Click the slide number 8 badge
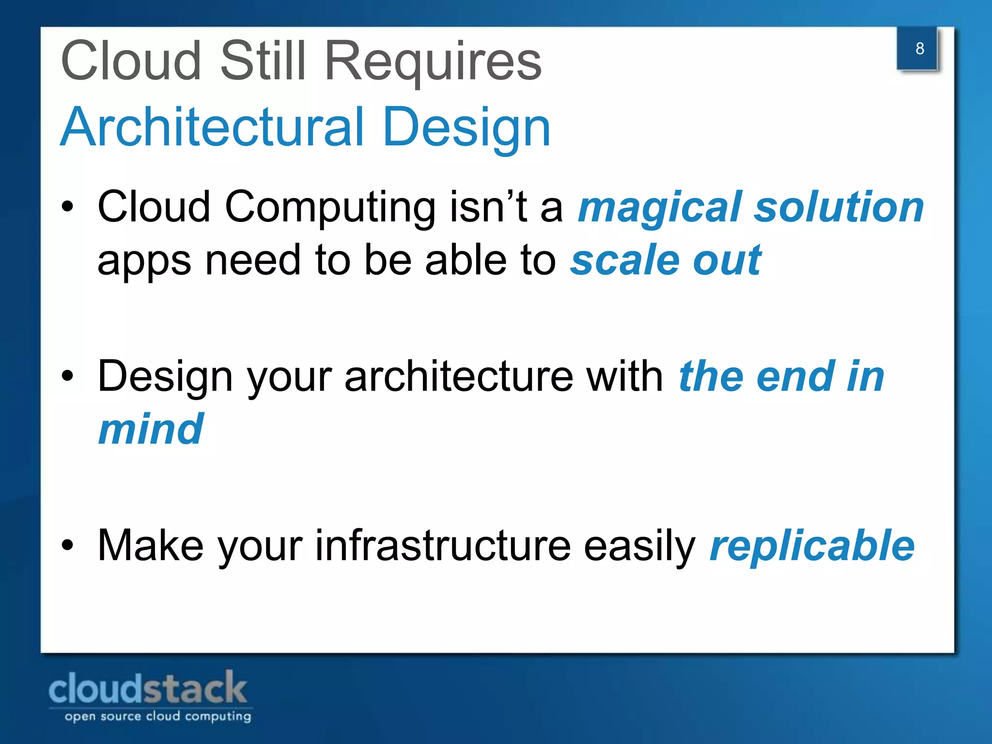click(919, 49)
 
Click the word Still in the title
click(263, 62)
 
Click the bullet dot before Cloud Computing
click(68, 207)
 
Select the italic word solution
click(838, 207)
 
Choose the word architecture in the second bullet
click(458, 377)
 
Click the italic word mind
click(151, 429)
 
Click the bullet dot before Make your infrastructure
click(68, 546)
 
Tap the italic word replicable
click(812, 546)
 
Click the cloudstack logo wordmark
click(148, 688)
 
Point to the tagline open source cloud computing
click(158, 716)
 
